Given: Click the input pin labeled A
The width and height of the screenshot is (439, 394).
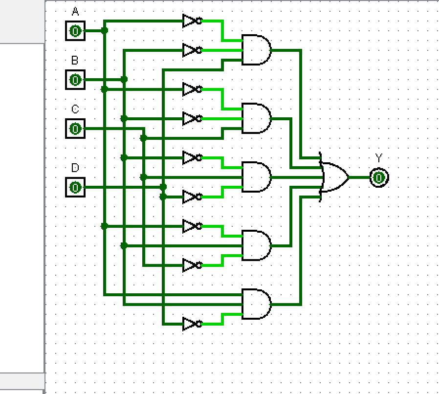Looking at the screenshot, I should point(75,31).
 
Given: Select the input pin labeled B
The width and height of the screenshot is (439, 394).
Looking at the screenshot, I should point(75,79).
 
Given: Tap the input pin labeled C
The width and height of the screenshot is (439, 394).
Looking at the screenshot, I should point(75,129).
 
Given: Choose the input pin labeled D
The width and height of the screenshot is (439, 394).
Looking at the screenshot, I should point(75,187).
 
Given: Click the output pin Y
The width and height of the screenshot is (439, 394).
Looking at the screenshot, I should point(379,177).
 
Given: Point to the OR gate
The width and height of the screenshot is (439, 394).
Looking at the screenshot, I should point(334,177).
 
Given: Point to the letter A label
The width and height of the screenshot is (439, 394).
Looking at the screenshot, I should point(75,11).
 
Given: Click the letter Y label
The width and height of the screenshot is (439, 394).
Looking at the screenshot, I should point(378,158).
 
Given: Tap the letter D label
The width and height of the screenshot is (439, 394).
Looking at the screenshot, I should point(75,168).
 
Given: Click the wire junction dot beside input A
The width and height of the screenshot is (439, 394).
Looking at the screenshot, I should point(104,31).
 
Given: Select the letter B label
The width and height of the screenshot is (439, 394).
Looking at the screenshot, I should point(75,61).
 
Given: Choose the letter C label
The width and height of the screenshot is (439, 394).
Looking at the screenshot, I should point(75,109).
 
